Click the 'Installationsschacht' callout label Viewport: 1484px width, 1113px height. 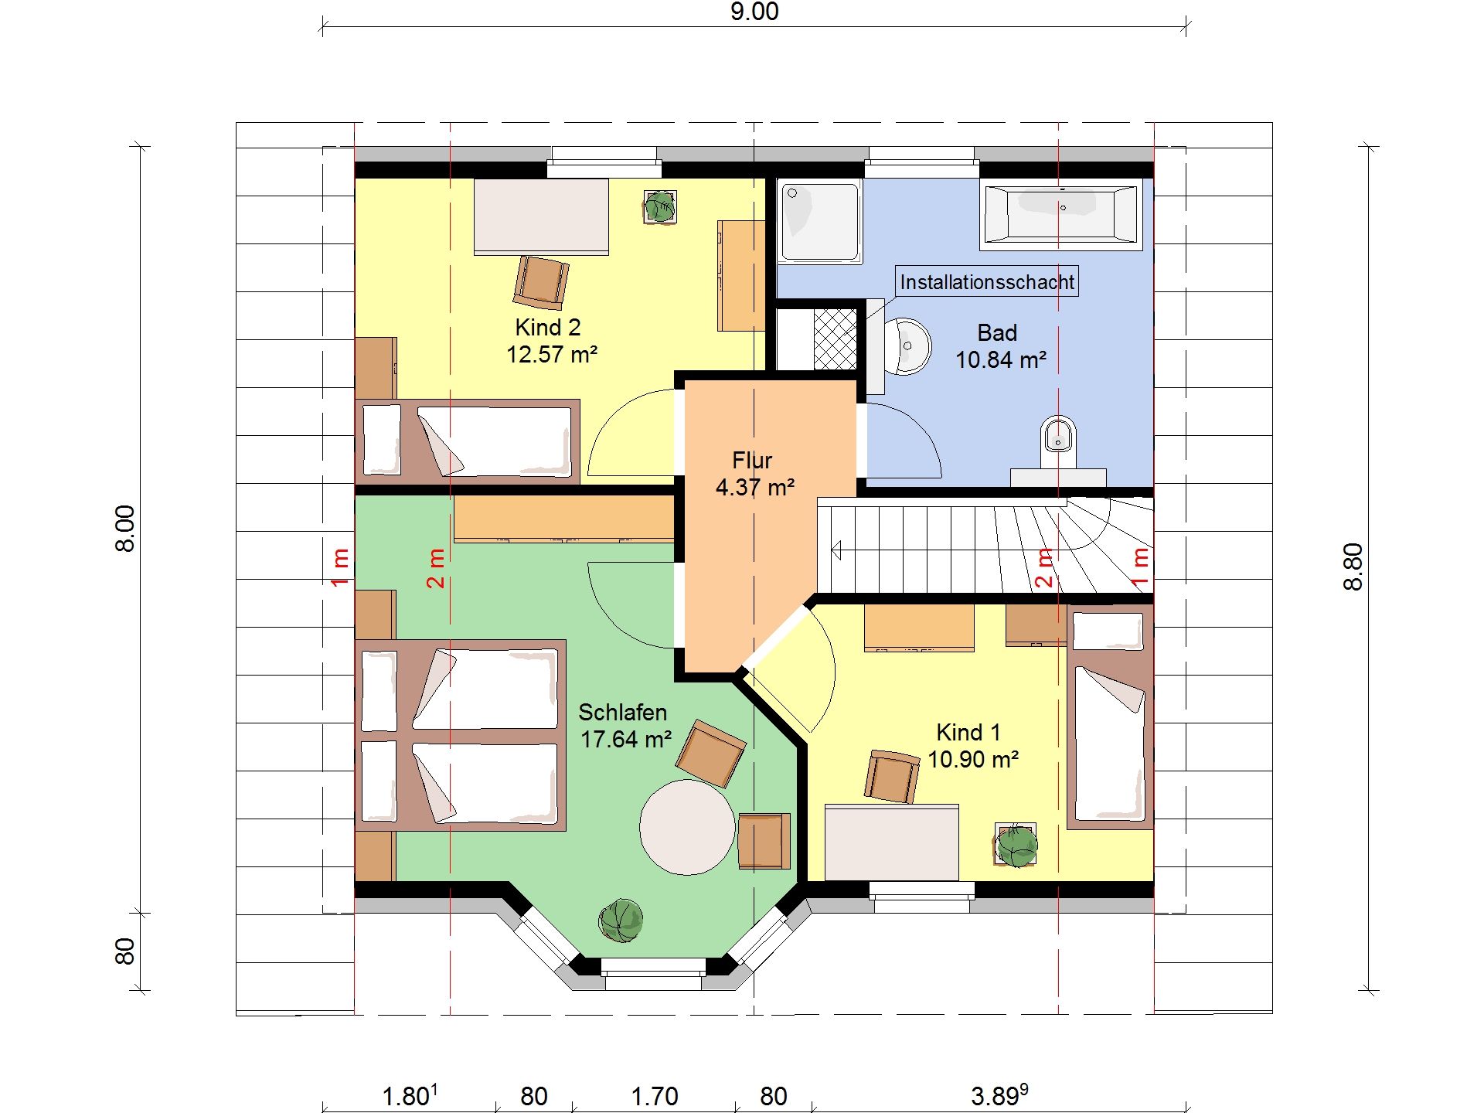(x=987, y=282)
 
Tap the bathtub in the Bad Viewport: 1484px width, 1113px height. (x=1061, y=215)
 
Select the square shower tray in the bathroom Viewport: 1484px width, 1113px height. (x=819, y=222)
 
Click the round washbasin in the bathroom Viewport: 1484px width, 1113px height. (x=906, y=345)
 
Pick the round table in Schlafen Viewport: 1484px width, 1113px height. (x=687, y=827)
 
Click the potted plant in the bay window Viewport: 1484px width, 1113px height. (x=621, y=920)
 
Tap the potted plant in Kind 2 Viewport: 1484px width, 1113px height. (x=660, y=206)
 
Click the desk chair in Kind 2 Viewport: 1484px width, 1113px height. (x=540, y=282)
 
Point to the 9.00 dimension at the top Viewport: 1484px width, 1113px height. (x=754, y=12)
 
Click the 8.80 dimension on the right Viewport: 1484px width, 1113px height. (x=1353, y=567)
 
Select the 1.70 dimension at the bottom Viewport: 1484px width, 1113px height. (x=655, y=1096)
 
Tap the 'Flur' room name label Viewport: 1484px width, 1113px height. (x=752, y=461)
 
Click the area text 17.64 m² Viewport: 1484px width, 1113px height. (x=626, y=740)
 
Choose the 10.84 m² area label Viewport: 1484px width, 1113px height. (x=1001, y=360)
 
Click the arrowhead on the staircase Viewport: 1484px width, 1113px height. (x=836, y=550)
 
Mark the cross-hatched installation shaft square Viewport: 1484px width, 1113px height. (x=835, y=339)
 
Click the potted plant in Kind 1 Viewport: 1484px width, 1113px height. (x=1016, y=846)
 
